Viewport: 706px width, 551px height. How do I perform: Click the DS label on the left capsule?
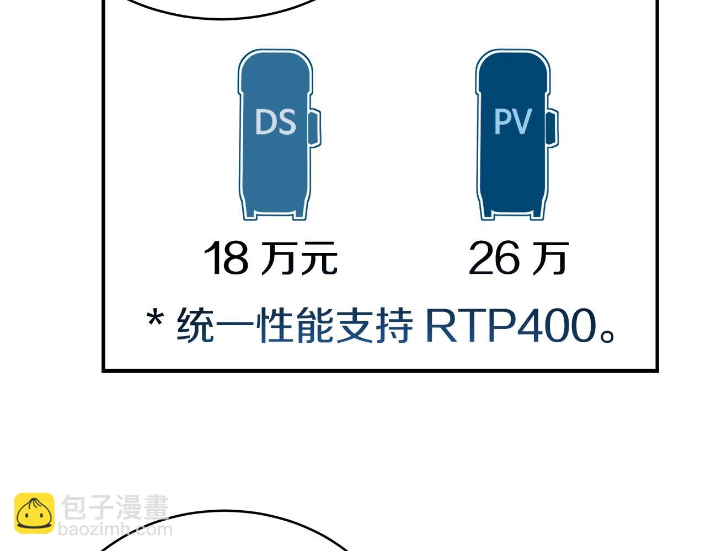[275, 122]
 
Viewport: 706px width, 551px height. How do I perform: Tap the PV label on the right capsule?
[512, 121]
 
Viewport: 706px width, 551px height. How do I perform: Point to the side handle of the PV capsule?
[552, 128]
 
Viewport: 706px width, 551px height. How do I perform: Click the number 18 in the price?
[226, 258]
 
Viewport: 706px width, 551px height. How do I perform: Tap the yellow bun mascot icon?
[34, 514]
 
